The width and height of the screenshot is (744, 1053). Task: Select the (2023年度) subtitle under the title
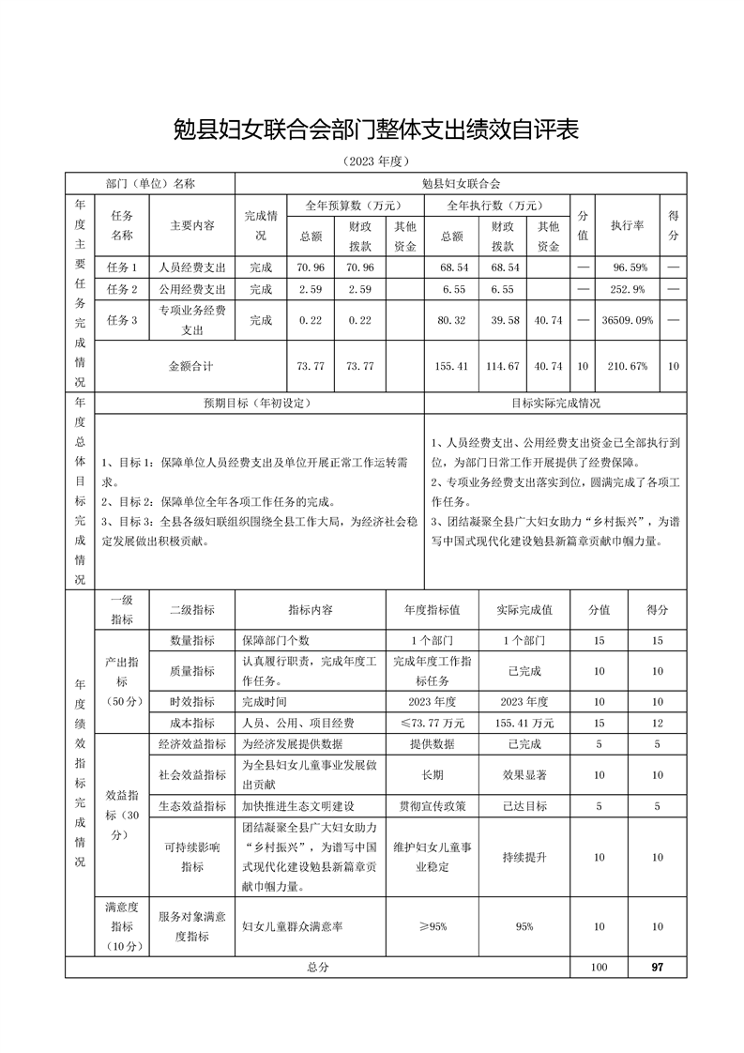coord(372,161)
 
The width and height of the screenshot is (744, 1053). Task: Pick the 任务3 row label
coord(122,320)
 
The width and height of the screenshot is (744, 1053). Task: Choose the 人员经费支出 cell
coord(192,267)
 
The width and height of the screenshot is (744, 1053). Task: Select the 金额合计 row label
coord(190,366)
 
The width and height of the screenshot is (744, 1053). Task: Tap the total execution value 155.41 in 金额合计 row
coord(453,366)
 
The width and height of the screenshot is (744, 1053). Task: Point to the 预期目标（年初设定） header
coord(257,404)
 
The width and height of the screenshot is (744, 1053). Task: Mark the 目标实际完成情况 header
coord(555,404)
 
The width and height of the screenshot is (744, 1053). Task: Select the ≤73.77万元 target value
coord(433,723)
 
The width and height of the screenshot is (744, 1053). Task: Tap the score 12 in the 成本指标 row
coord(657,723)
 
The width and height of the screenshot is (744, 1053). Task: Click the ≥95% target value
coord(433,926)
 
